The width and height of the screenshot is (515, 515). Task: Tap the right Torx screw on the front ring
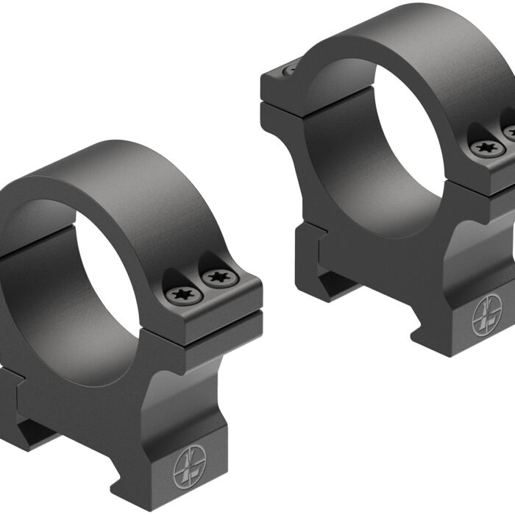(x=217, y=278)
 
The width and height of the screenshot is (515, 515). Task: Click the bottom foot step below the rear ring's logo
(x=471, y=342)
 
